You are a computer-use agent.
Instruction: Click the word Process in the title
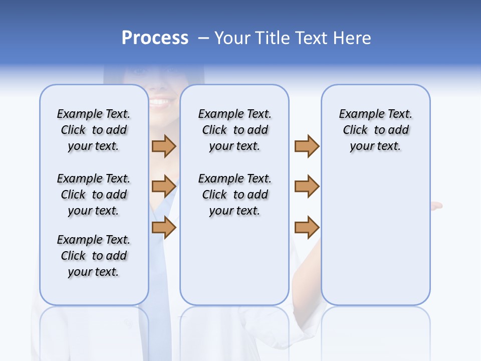click(155, 38)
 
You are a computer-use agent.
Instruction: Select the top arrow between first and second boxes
click(164, 146)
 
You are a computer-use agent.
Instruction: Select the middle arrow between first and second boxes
click(164, 187)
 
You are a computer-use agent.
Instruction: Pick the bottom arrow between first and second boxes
click(164, 228)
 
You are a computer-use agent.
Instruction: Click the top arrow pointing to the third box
click(307, 146)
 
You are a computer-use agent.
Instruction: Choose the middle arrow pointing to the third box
click(307, 187)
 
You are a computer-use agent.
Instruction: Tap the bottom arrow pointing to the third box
click(307, 228)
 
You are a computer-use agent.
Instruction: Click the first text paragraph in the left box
click(94, 130)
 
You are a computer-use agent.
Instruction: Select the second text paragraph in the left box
click(94, 195)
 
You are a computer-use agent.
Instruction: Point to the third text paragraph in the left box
click(94, 256)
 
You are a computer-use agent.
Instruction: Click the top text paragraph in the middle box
click(235, 130)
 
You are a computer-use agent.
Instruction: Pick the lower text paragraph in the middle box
click(235, 195)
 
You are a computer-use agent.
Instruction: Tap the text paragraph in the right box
click(376, 130)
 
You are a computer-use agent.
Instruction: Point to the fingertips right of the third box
click(437, 205)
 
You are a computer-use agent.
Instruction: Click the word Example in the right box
click(357, 114)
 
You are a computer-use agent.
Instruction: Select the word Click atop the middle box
click(214, 130)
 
